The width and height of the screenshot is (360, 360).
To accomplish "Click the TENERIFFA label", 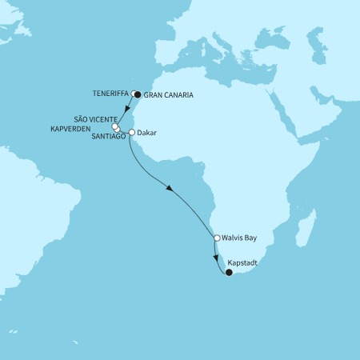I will click(x=110, y=93).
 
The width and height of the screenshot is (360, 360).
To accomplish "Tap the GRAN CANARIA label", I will click(x=170, y=94).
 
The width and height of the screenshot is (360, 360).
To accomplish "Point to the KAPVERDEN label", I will click(x=90, y=127).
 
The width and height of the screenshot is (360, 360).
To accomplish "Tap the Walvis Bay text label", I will click(x=242, y=238).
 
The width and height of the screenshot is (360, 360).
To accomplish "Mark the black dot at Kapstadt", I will click(x=229, y=273).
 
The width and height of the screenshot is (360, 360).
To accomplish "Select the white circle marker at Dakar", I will click(x=131, y=133).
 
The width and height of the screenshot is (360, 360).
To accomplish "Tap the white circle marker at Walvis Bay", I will click(x=217, y=238).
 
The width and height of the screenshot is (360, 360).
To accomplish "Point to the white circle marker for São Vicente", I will click(x=115, y=126).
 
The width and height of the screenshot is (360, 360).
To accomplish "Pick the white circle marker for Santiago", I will click(x=118, y=130).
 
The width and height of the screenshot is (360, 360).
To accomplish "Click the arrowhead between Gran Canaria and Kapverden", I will click(x=128, y=110).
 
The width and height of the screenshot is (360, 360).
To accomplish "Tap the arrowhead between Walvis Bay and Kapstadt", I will click(x=215, y=256).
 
